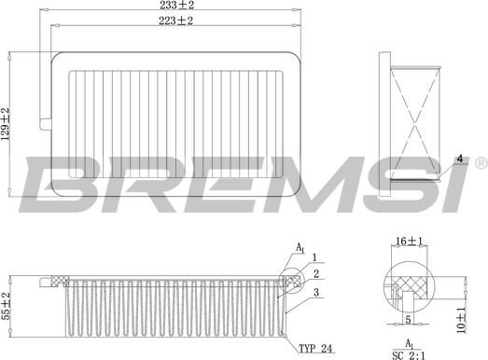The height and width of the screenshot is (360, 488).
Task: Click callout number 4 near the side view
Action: [459, 160]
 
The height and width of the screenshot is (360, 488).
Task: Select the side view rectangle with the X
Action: [412, 117]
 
